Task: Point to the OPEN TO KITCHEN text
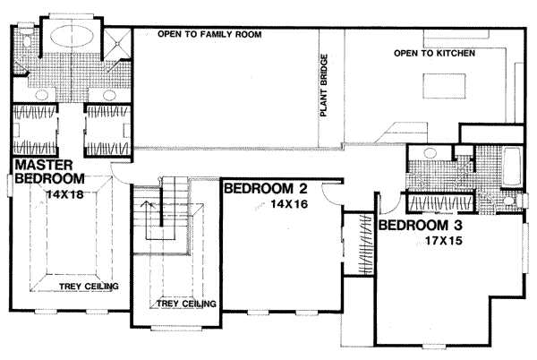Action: point(433,56)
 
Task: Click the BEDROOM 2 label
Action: point(266,189)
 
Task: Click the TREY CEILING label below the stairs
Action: point(186,304)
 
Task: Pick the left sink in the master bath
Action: point(40,94)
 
